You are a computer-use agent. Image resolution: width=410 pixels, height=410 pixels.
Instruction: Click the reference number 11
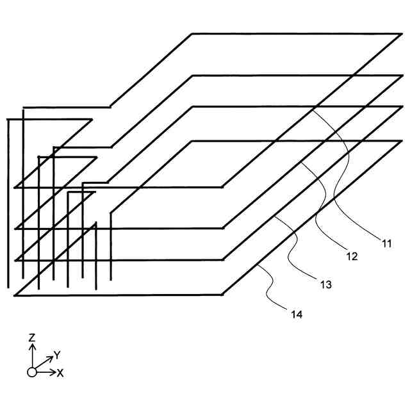[x=386, y=243]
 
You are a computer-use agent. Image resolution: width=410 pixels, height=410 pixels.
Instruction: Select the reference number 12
[x=351, y=257]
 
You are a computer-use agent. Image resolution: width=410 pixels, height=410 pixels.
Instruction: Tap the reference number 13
[x=325, y=284]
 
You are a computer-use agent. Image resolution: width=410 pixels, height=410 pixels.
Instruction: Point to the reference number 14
[x=295, y=314]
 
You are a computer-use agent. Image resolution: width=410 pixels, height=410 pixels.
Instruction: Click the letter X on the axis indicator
[x=60, y=373]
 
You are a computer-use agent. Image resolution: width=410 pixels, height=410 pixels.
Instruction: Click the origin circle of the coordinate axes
[x=31, y=372]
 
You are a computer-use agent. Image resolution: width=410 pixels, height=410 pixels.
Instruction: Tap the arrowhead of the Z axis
[x=31, y=347]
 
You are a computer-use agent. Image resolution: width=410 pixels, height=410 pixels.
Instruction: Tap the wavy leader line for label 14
[x=272, y=288]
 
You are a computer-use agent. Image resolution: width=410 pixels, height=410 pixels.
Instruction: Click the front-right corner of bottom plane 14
[x=222, y=295]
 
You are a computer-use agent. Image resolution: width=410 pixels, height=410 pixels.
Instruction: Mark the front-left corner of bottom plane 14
[x=14, y=295]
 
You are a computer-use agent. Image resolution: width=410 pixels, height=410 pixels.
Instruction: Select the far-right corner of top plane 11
[x=402, y=33]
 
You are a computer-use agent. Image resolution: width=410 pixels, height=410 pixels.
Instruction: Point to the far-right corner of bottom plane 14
[x=402, y=141]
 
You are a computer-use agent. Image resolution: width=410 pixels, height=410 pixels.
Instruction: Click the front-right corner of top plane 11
[x=222, y=187]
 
